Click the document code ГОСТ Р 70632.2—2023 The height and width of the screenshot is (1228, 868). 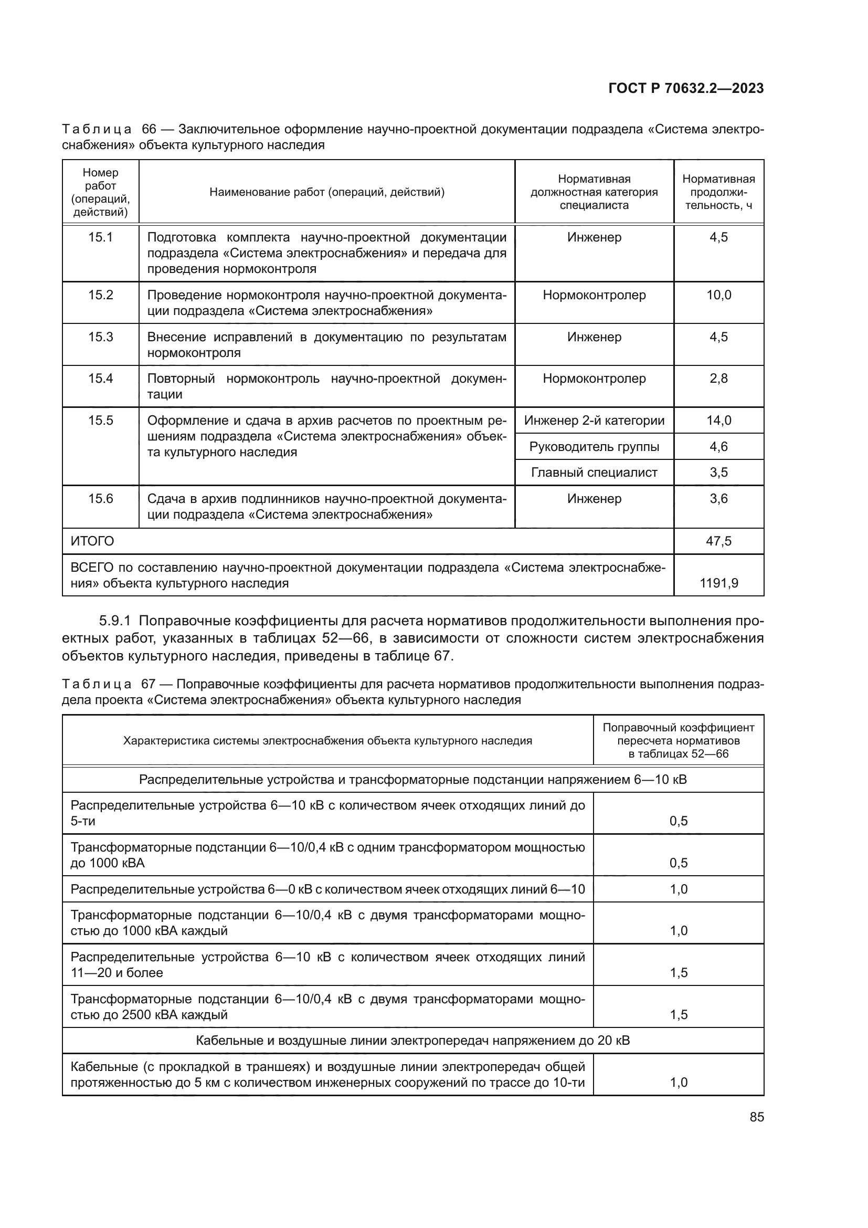click(x=686, y=88)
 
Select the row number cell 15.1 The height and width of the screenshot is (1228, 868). click(x=100, y=237)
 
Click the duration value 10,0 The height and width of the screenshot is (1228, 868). click(x=718, y=295)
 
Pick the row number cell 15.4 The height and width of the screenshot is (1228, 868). click(x=100, y=378)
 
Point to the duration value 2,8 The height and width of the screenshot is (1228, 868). click(x=718, y=378)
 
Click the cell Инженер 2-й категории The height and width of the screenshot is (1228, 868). click(x=594, y=421)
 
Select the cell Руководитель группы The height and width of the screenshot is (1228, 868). click(x=594, y=447)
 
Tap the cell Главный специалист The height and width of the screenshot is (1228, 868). click(x=594, y=473)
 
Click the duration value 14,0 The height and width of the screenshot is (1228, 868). click(x=718, y=421)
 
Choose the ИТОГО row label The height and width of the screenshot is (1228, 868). click(x=92, y=541)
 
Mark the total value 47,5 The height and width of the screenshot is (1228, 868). click(x=718, y=541)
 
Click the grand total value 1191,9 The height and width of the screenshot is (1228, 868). click(x=718, y=583)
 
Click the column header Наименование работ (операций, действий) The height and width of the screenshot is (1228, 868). click(x=326, y=192)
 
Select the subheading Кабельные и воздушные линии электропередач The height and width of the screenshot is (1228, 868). click(x=412, y=1040)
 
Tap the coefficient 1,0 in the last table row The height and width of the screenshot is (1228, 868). click(x=678, y=1083)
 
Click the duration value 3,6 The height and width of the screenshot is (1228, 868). click(x=718, y=498)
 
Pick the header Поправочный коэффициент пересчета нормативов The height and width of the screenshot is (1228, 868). click(x=678, y=740)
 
